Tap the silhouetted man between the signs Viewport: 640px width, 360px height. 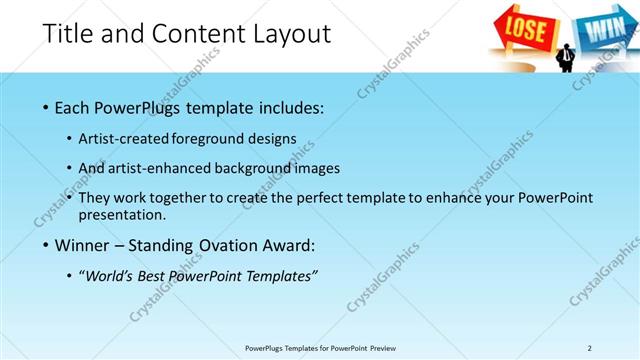click(566, 57)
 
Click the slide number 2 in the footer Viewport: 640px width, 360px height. click(589, 347)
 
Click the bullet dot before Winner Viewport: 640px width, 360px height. click(49, 245)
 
